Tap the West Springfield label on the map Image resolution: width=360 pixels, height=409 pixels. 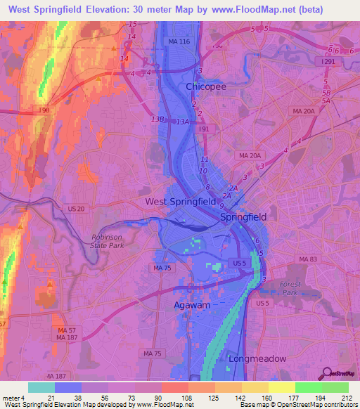click(180, 202)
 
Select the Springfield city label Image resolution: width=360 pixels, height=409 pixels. click(243, 217)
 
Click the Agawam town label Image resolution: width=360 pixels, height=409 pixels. click(192, 305)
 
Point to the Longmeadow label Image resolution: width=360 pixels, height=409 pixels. click(257, 358)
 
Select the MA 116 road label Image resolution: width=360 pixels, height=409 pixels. click(179, 43)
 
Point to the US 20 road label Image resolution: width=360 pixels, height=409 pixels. click(76, 209)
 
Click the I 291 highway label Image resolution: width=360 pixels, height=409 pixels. click(328, 62)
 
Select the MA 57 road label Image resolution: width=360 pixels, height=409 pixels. click(67, 330)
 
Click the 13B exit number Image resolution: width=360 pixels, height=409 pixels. click(157, 119)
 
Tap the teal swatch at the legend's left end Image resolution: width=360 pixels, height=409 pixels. click(41, 387)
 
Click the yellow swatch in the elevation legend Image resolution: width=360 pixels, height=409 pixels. click(282, 387)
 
